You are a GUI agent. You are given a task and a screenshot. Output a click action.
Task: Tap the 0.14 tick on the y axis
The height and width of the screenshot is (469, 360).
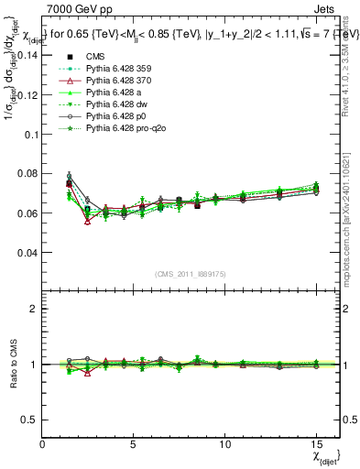[27, 55]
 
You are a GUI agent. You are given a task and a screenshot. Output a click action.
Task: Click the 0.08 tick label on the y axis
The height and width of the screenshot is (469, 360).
[27, 173]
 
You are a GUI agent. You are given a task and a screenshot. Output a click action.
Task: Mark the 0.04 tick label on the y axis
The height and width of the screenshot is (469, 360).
[27, 252]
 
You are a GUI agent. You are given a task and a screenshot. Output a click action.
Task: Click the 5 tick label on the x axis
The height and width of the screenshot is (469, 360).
[134, 442]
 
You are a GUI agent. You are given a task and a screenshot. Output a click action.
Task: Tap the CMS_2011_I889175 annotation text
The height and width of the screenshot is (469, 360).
[190, 273]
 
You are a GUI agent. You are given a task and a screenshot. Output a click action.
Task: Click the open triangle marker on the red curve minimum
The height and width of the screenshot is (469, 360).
[88, 221]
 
